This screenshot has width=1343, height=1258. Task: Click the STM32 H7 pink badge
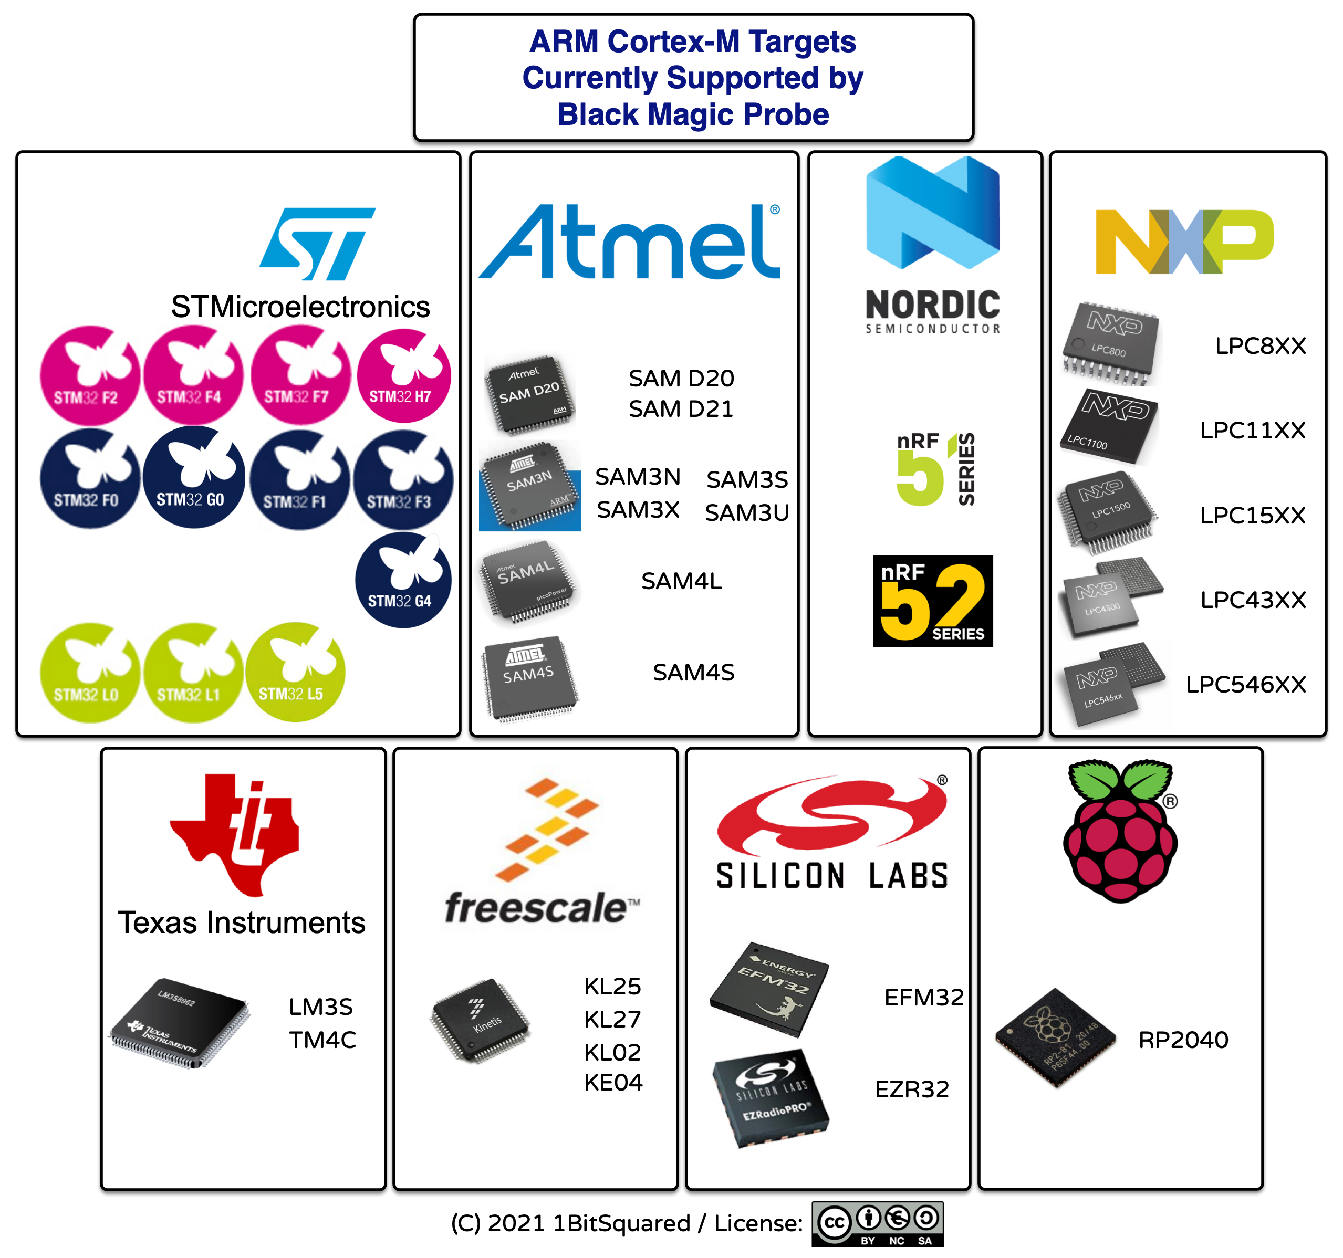pyautogui.click(x=403, y=376)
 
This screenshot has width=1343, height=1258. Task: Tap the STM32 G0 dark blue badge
pyautogui.click(x=194, y=477)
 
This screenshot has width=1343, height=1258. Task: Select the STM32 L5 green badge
pyautogui.click(x=295, y=672)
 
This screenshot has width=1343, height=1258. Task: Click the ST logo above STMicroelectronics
pyautogui.click(x=318, y=244)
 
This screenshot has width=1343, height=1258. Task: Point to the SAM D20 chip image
pyautogui.click(x=530, y=394)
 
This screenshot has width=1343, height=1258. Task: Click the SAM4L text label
pyautogui.click(x=682, y=581)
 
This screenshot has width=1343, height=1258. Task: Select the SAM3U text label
pyautogui.click(x=746, y=512)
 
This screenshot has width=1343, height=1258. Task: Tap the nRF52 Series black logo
pyautogui.click(x=932, y=601)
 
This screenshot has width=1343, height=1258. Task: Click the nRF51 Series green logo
pyautogui.click(x=935, y=469)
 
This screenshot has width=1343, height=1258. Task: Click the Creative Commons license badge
pyautogui.click(x=877, y=1223)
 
